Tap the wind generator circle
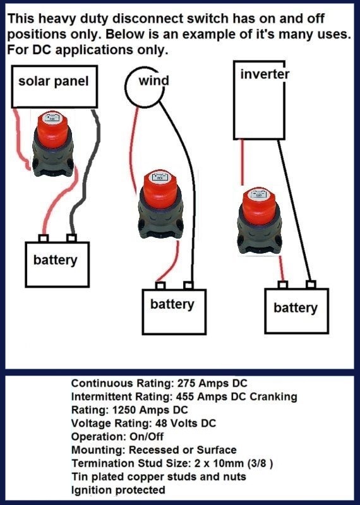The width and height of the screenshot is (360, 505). click(x=126, y=87)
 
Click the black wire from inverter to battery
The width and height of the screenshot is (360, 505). click(x=294, y=211)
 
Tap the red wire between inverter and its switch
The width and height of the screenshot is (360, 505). click(x=243, y=162)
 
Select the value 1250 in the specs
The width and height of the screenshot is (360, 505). click(x=124, y=410)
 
